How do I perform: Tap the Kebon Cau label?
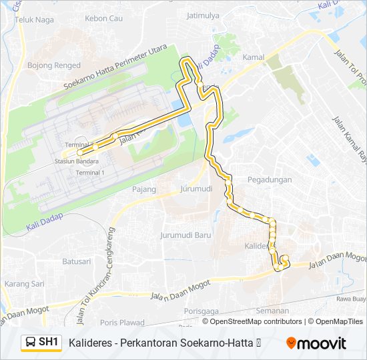(x=105, y=18)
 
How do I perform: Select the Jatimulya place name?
(x=204, y=15)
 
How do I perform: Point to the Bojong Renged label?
(x=54, y=65)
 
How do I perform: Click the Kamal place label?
(x=254, y=57)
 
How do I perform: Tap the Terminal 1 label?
(x=90, y=173)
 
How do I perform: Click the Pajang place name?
(x=144, y=189)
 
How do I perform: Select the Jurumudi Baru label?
(x=186, y=235)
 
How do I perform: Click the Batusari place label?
(x=76, y=261)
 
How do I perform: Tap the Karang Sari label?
(x=24, y=283)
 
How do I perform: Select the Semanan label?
(x=272, y=311)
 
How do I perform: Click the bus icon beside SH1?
(x=31, y=343)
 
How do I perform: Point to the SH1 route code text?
(x=49, y=343)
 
